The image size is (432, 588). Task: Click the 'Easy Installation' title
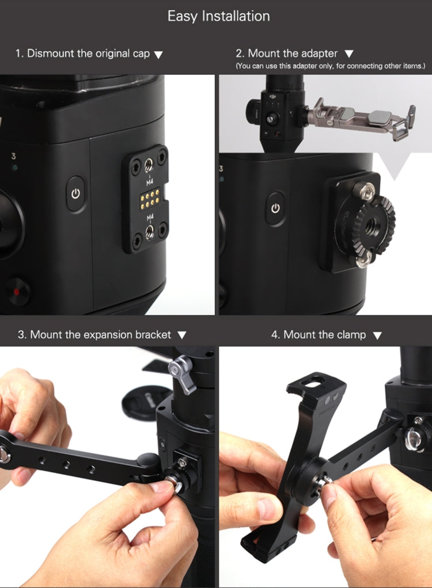tap(218, 16)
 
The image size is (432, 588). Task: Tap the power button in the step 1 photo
tap(76, 194)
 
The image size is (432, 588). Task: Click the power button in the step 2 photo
tap(275, 208)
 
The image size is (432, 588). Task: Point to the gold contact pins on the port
tap(150, 198)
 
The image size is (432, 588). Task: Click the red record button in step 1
tap(17, 291)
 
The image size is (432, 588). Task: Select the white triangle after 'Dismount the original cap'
tap(158, 55)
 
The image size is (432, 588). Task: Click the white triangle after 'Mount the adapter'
tap(349, 54)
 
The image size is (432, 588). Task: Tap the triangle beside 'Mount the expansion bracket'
tap(181, 335)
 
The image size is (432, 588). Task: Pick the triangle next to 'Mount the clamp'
tap(377, 335)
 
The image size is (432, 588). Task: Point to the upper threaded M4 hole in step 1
tap(149, 164)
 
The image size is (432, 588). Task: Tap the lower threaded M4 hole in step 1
tap(149, 232)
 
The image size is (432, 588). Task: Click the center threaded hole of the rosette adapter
tap(373, 224)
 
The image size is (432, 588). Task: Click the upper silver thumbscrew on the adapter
tap(365, 192)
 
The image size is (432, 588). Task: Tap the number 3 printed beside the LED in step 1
tap(13, 156)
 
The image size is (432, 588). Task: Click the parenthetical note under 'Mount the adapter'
tap(330, 66)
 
